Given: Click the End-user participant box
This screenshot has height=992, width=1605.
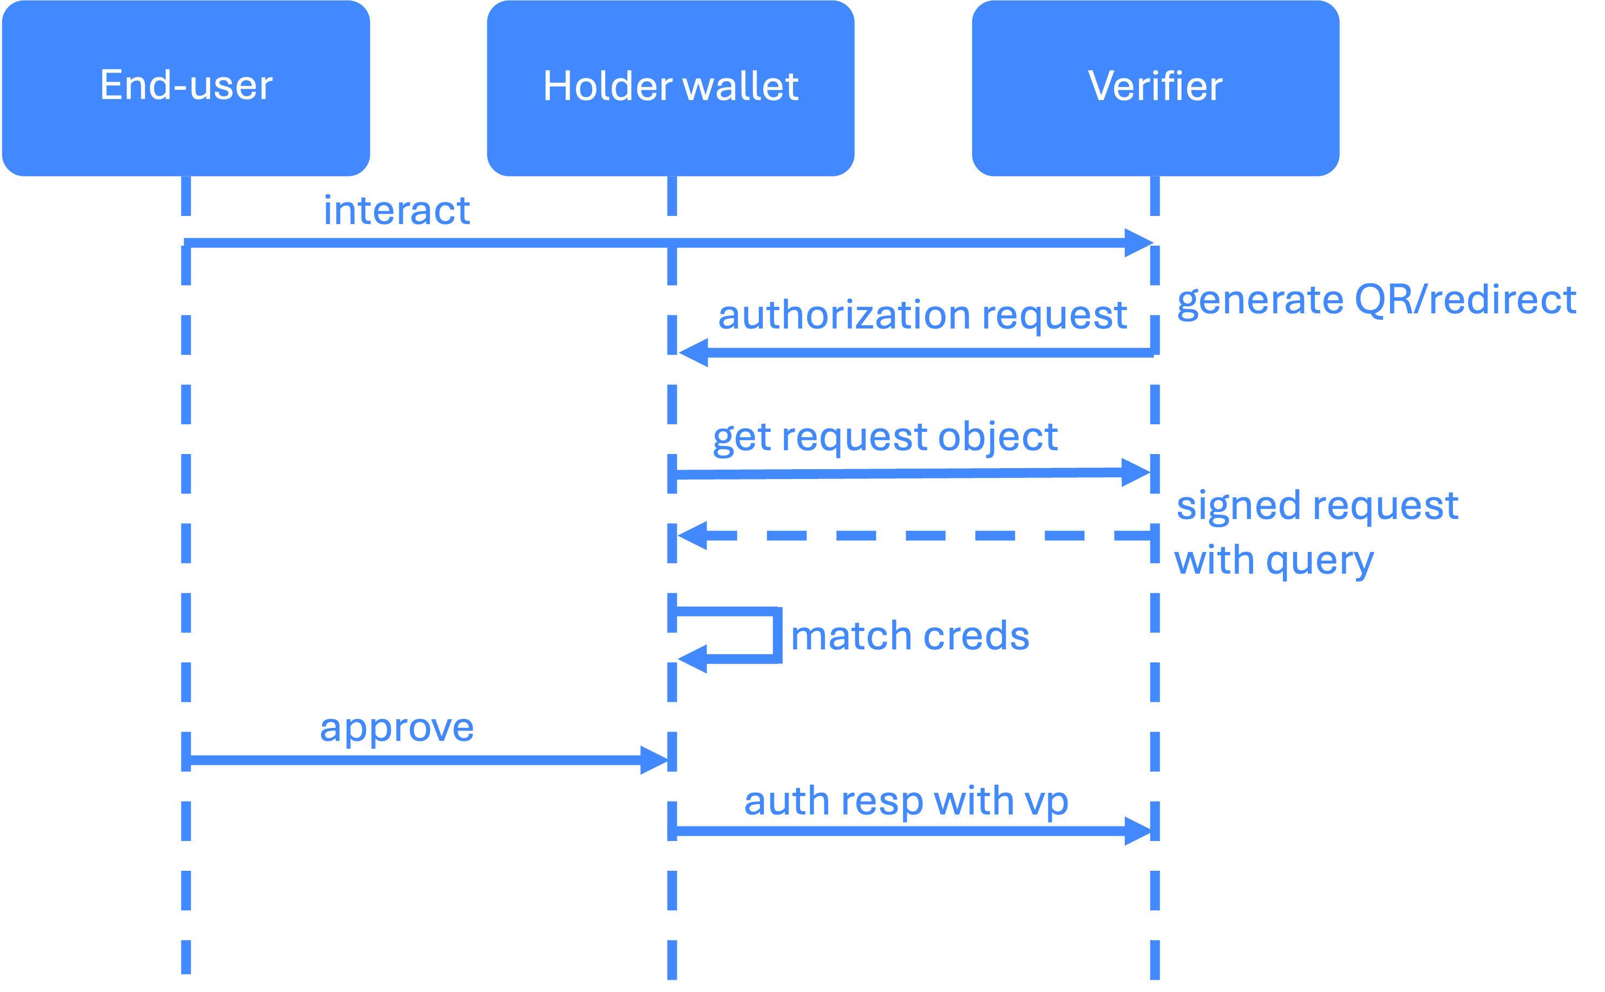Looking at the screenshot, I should (186, 87).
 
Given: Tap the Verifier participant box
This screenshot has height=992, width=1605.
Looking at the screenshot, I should (1155, 87).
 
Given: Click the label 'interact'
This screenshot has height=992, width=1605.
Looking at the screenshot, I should (396, 211).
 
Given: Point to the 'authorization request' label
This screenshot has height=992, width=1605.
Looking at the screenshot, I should (922, 315).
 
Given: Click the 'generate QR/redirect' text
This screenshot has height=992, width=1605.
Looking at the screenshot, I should (1376, 300).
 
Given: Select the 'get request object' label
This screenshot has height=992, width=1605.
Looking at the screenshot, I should (885, 437).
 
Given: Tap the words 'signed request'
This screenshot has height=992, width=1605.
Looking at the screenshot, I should (1317, 506).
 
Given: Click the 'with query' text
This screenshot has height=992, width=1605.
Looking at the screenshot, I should (1273, 561).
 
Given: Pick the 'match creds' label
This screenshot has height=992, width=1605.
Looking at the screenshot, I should (910, 636).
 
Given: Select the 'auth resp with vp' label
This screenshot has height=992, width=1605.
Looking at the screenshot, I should (906, 802).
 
